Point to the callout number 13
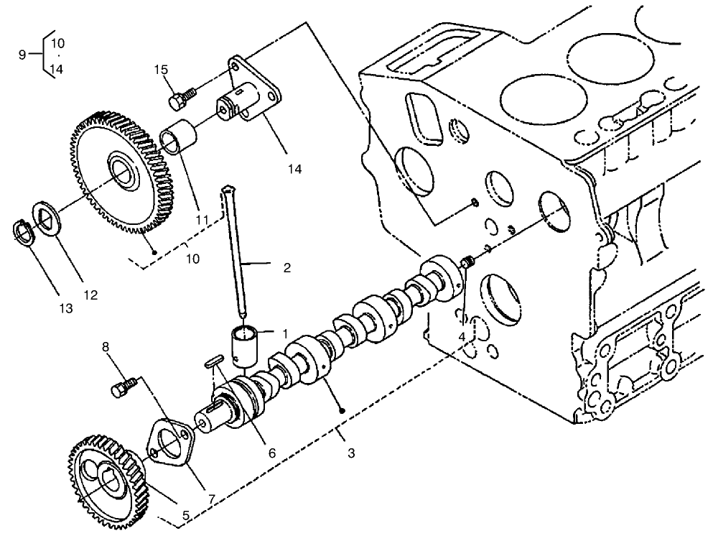pos(65,308)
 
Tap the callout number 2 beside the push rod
pos(286,268)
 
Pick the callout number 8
pos(107,346)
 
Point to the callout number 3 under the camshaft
pos(350,453)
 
